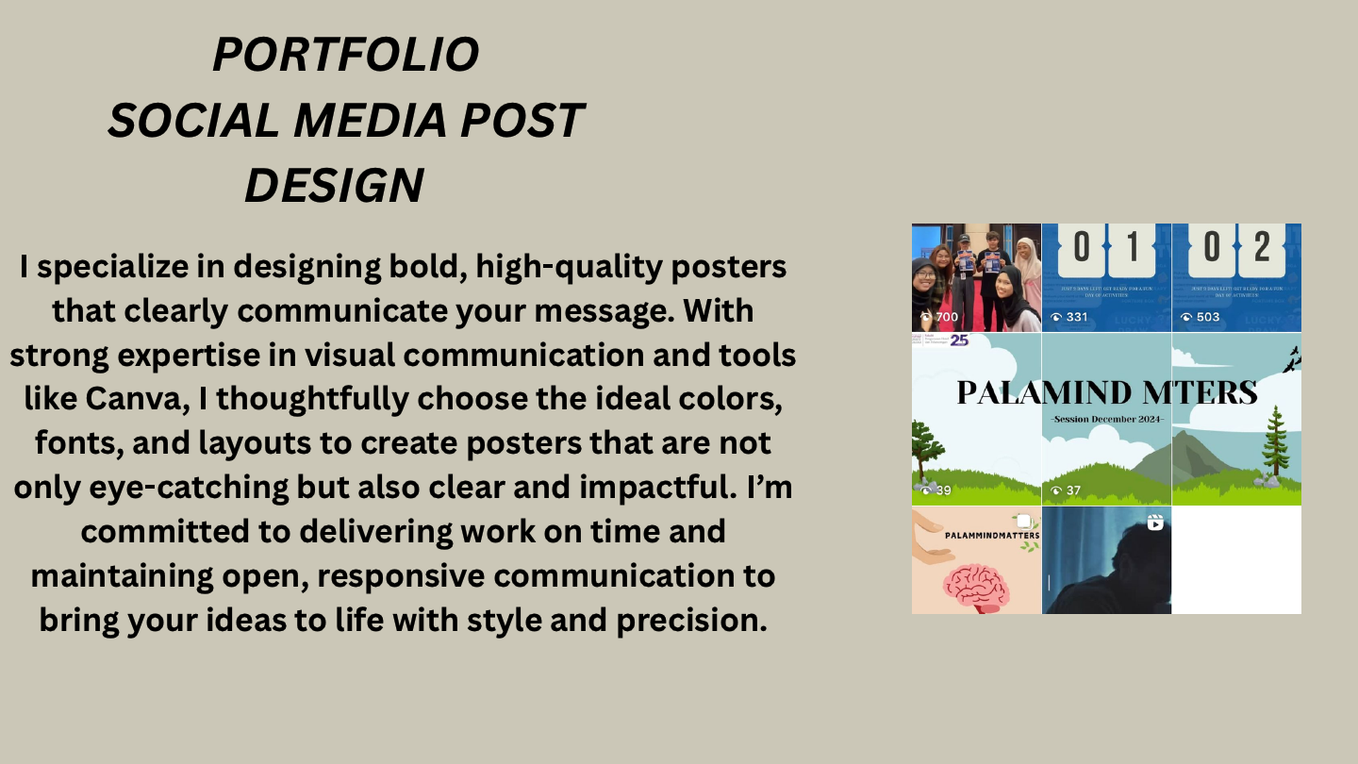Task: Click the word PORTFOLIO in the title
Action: tap(345, 55)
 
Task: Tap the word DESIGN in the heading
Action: tap(334, 185)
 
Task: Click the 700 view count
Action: tap(946, 317)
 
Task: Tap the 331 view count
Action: tap(1076, 317)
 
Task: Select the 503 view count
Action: tap(1206, 317)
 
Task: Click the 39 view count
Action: tap(941, 490)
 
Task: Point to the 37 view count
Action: tap(1072, 490)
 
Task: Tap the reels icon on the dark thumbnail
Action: tap(1155, 522)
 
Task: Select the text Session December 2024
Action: tap(1107, 419)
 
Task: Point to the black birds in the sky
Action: tap(1291, 357)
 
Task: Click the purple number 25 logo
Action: tap(959, 340)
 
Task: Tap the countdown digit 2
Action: tap(1262, 246)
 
